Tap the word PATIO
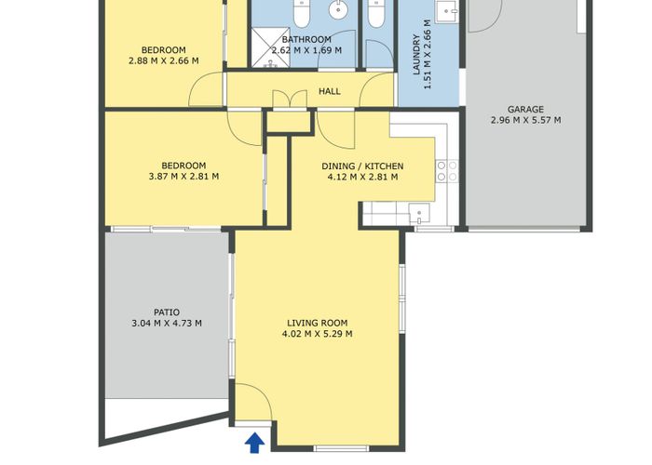point(167,312)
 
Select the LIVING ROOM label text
point(317,323)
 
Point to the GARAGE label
point(525,109)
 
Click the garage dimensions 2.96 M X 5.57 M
point(525,120)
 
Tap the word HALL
point(330,92)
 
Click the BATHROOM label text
point(306,39)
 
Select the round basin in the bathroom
point(337,13)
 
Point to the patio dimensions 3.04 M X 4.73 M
point(167,324)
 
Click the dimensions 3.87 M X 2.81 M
point(183,176)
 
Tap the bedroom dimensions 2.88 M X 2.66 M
point(163,61)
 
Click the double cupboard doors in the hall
point(289,100)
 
